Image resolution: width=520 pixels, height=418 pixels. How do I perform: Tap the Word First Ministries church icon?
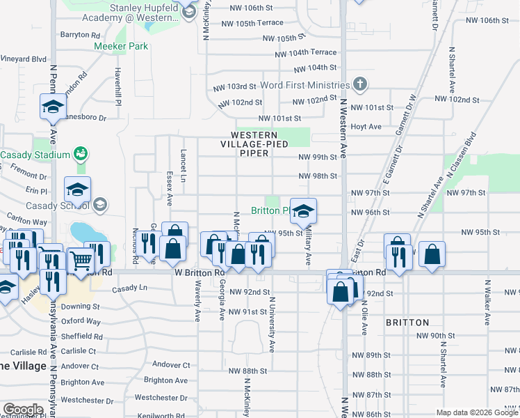[359, 85]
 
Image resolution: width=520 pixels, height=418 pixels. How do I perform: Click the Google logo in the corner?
[23, 410]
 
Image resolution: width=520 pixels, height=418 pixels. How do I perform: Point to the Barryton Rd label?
[81, 34]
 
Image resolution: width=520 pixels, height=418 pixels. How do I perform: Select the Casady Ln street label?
[130, 288]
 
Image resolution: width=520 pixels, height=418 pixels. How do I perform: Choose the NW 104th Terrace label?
[305, 53]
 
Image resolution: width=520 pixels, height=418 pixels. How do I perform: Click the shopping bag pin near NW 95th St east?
[432, 256]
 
